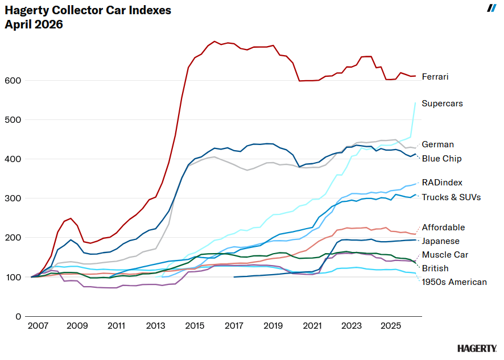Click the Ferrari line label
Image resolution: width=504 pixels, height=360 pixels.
click(435, 76)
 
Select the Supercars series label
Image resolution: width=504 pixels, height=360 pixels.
click(442, 104)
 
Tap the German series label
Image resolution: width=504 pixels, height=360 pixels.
click(437, 144)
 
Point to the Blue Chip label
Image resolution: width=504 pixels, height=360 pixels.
click(441, 159)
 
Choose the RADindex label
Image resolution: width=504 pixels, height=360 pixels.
click(442, 183)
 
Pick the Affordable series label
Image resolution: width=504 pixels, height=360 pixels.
click(443, 227)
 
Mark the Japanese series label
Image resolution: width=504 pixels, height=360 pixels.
click(441, 241)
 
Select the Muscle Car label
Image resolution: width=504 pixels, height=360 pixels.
click(445, 255)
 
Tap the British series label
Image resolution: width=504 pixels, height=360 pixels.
click(435, 268)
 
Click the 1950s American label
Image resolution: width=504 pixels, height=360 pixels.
click(454, 282)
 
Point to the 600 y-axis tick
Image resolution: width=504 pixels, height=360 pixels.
click(14, 81)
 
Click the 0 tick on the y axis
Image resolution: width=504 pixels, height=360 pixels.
click(19, 317)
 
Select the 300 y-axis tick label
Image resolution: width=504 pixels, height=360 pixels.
click(14, 198)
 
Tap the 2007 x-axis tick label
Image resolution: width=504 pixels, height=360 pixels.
click(38, 326)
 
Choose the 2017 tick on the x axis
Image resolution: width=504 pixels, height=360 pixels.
click(234, 326)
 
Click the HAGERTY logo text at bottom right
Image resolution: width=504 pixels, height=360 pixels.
click(477, 348)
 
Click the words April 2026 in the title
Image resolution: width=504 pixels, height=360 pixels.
click(34, 24)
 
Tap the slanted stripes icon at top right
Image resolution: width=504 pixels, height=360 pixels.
click(492, 8)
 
